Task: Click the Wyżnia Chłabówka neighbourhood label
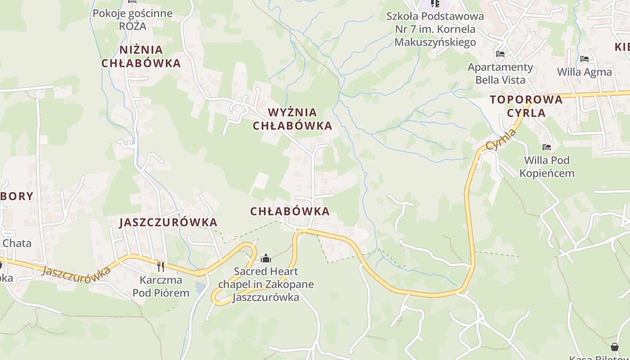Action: pyautogui.click(x=292, y=119)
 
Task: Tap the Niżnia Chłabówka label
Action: pyautogui.click(x=141, y=56)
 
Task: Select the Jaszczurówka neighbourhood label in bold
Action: pyautogui.click(x=168, y=222)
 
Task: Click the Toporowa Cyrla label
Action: pyautogui.click(x=526, y=106)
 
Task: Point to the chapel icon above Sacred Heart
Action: pyautogui.click(x=266, y=258)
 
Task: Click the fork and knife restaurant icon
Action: pyautogui.click(x=161, y=266)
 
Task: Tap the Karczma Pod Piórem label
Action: pyautogui.click(x=161, y=287)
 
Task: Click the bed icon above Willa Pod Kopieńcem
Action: pyautogui.click(x=547, y=147)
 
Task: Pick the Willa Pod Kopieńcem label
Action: pyautogui.click(x=547, y=166)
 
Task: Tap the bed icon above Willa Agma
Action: pyautogui.click(x=585, y=59)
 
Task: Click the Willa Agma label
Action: pyautogui.click(x=585, y=72)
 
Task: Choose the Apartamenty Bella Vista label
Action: pyautogui.click(x=500, y=73)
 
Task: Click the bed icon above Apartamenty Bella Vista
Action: pyautogui.click(x=500, y=54)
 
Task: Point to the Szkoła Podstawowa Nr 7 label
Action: pyautogui.click(x=435, y=29)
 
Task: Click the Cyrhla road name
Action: pyautogui.click(x=501, y=139)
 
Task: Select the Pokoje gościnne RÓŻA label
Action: pyautogui.click(x=132, y=19)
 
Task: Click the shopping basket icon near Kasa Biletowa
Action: pyautogui.click(x=615, y=347)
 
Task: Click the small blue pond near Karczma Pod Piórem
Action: pyautogui.click(x=200, y=286)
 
